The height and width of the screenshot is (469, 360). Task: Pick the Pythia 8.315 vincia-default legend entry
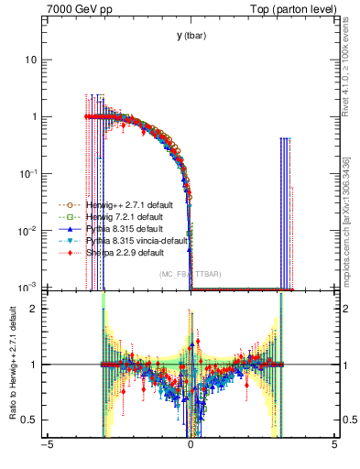136,240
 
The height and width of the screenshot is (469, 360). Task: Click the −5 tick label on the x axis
47,447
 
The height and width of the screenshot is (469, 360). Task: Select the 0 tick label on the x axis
191,447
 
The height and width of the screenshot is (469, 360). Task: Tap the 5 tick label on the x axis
334,447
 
